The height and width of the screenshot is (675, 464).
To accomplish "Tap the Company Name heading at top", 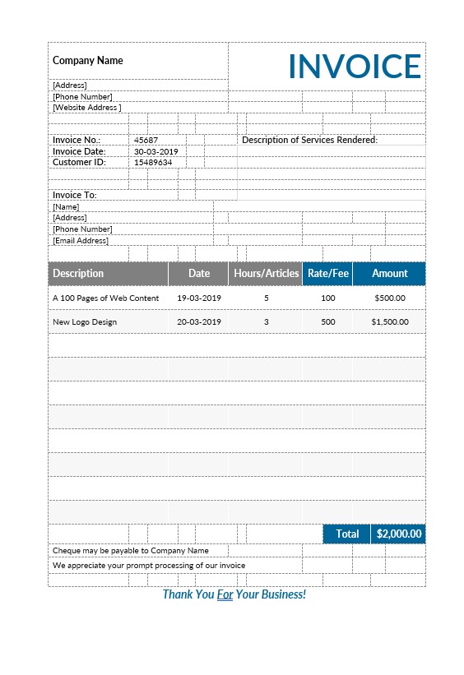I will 88,60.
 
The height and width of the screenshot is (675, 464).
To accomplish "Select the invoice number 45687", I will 146,140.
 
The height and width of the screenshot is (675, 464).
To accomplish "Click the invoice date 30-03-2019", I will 156,151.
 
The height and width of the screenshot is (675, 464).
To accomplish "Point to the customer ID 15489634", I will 153,162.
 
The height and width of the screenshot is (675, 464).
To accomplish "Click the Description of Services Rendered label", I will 309,140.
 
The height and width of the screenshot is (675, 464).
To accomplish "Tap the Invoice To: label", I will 75,195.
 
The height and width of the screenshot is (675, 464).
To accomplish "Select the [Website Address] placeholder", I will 86,107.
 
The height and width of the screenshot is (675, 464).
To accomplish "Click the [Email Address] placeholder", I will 81,240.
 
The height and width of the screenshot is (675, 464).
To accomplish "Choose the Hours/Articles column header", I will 266,273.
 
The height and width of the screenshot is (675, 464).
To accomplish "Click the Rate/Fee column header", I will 327,273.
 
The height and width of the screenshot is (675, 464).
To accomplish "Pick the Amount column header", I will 389,273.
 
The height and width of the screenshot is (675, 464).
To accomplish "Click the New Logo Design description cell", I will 85,321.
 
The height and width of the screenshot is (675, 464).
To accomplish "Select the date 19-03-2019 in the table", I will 199,298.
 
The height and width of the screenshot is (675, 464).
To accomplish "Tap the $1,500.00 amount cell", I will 390,321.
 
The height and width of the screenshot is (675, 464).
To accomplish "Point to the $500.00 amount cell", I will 390,298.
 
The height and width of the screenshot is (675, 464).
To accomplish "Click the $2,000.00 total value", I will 399,534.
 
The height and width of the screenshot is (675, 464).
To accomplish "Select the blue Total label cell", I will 347,534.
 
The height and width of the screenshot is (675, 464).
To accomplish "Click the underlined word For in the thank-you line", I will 225,594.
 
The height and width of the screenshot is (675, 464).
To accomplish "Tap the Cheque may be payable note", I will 131,550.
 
